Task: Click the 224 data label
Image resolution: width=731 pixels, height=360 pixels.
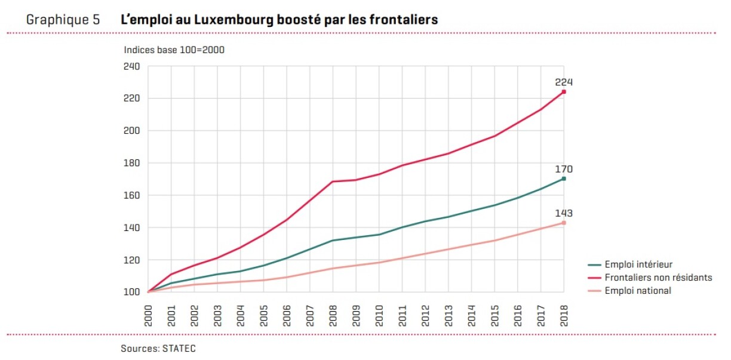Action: pos(564,82)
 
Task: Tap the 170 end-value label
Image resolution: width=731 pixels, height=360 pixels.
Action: pos(564,170)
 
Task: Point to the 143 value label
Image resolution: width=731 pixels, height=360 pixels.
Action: pos(564,214)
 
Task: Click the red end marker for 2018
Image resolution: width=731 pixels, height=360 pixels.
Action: pos(564,92)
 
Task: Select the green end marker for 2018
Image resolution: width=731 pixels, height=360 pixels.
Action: pos(564,179)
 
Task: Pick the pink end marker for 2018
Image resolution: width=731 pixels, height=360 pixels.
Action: pos(564,223)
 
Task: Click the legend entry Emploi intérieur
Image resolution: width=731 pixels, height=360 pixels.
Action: pos(638,264)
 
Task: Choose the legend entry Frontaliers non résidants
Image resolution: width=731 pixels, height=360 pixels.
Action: pos(658,278)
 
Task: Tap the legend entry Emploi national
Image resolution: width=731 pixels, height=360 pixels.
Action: pos(637,291)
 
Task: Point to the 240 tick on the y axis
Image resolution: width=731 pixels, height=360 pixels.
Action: pos(131,66)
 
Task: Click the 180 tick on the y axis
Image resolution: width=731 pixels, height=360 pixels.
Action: pos(131,163)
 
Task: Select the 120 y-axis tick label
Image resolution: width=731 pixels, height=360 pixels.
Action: pos(131,260)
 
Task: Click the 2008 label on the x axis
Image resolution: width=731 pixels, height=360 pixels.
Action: pos(333,314)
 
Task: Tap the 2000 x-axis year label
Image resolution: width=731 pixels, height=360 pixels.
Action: pos(148,314)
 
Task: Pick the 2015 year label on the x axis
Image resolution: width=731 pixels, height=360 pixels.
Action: pos(494,314)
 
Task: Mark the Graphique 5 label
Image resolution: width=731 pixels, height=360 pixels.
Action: pos(63,19)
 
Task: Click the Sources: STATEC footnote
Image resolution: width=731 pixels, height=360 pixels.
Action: pos(158,349)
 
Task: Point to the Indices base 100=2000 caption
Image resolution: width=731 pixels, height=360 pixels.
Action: pos(174,50)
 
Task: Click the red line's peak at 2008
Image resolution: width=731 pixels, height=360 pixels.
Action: pos(333,181)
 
